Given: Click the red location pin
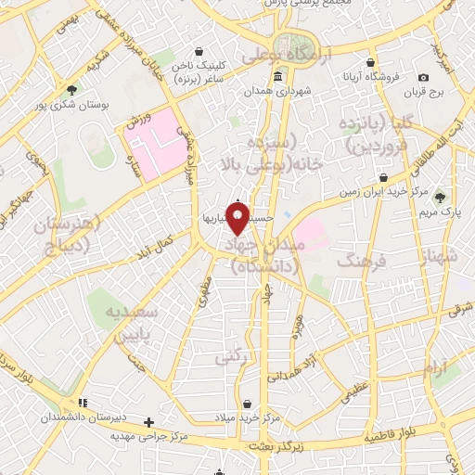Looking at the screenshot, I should pos(237,218).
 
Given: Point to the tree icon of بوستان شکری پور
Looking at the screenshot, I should pos(72,90).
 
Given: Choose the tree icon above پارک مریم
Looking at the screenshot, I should pos(440,197).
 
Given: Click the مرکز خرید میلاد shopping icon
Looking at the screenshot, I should pos(248,404).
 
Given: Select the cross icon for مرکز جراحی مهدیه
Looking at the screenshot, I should pos(148,423).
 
